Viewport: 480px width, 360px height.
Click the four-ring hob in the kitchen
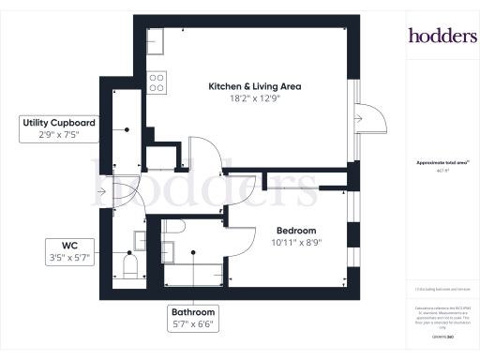[157, 82]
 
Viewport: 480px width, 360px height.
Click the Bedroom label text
[295, 231]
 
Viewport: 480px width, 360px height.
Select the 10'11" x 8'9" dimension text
[295, 242]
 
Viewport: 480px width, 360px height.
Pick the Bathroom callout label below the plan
[192, 312]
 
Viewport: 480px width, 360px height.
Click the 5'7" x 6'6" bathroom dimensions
[192, 324]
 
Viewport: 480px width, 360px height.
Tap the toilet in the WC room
[130, 269]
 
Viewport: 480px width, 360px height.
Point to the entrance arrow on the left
[100, 193]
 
